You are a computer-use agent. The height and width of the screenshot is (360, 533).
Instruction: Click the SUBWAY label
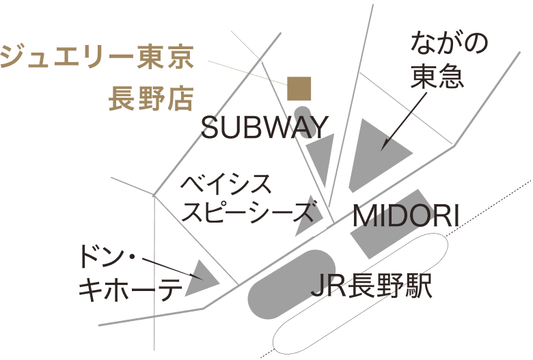[x=265, y=128]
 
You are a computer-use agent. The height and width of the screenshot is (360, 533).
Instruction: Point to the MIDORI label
[x=405, y=216]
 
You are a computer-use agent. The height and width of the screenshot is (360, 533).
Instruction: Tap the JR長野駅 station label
[x=372, y=286]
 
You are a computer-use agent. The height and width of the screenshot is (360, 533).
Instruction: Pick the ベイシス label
[x=227, y=184]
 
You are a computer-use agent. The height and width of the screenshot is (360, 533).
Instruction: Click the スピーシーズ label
[x=251, y=213]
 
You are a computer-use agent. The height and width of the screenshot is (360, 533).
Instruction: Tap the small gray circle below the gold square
[x=302, y=113]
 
